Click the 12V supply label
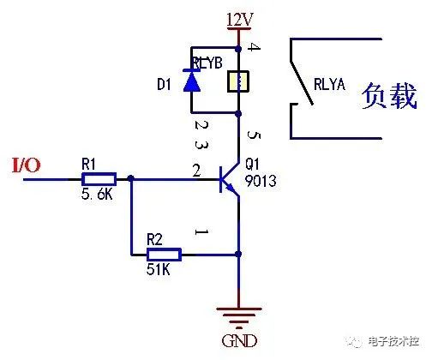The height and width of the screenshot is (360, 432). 238,17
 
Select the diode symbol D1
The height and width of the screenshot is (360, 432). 191,81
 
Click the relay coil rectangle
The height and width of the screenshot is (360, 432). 237,82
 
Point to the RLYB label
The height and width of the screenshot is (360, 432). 208,63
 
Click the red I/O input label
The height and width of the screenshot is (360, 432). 24,164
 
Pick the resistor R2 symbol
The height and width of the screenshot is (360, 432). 163,255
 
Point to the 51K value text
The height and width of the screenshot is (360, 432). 159,270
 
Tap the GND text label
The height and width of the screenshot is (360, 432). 238,340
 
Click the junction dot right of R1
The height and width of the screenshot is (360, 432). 130,179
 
